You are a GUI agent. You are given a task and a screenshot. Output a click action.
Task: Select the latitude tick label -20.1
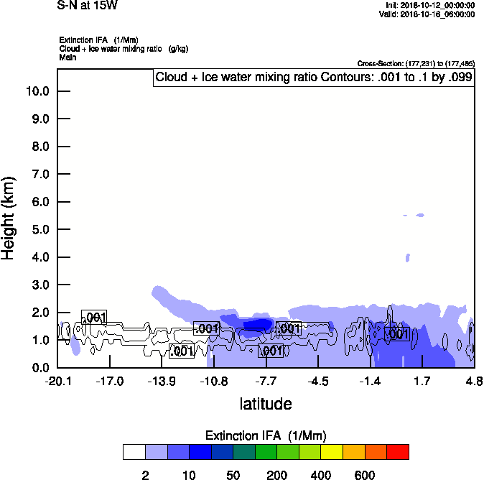tap(57, 381)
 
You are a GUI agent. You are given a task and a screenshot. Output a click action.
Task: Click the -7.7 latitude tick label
tap(266, 381)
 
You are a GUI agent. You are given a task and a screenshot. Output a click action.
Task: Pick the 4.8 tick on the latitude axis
tap(473, 381)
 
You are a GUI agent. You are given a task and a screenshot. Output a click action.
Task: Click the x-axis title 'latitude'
tap(266, 404)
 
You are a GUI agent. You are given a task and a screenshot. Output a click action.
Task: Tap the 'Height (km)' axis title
tap(9, 218)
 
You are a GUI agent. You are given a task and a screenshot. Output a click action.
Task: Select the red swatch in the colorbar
tap(398, 451)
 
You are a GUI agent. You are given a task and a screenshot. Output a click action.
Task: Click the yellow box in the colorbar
tap(332, 451)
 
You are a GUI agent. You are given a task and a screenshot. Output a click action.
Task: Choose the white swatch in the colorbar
tap(134, 451)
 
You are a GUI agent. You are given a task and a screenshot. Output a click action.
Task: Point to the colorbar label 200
tap(277, 476)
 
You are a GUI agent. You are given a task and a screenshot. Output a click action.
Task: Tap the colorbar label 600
tap(365, 476)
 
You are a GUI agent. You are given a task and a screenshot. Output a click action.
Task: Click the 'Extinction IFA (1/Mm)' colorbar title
tap(266, 435)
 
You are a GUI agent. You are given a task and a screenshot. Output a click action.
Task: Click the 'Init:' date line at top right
tap(429, 5)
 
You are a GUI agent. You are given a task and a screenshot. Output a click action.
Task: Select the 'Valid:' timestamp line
tap(429, 14)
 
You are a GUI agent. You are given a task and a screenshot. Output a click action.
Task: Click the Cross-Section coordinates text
tap(416, 64)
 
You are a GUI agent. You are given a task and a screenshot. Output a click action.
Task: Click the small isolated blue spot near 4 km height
tap(407, 257)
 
